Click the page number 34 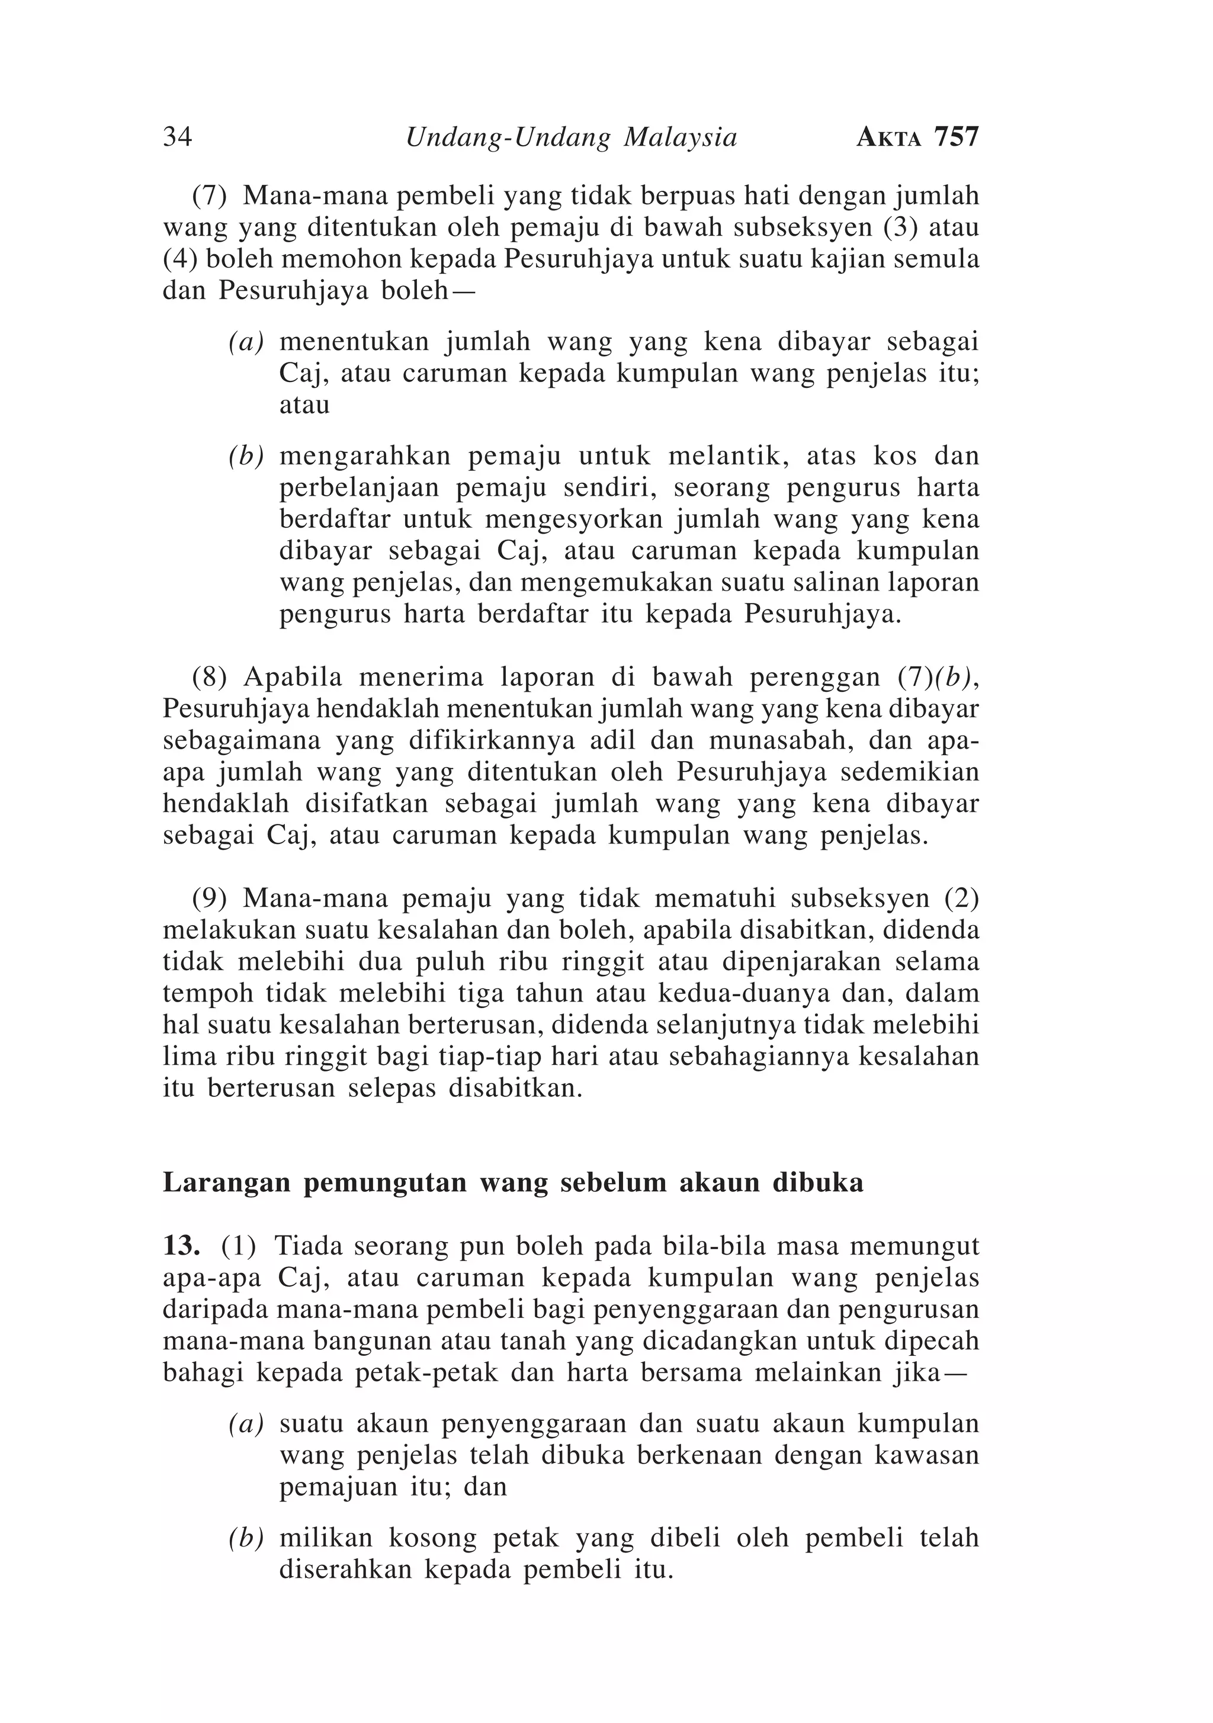pos(177,137)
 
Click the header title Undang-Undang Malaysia pos(571,138)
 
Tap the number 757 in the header pos(957,137)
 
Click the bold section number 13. pos(181,1246)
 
